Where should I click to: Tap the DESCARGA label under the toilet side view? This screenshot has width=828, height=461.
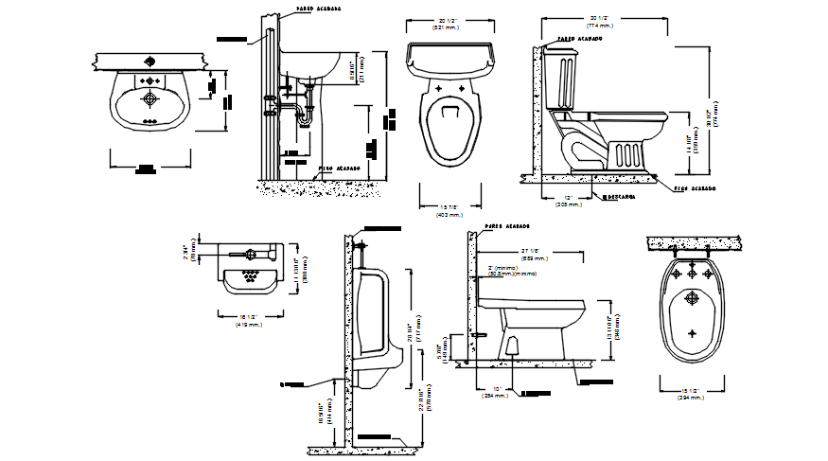tap(621, 197)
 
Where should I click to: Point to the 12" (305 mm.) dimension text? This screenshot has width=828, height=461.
tap(568, 200)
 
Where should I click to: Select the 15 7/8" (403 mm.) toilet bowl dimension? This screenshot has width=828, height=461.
tap(449, 211)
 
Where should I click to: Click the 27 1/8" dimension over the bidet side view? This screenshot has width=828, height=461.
tap(534, 254)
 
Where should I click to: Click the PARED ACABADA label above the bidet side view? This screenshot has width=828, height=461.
tap(506, 227)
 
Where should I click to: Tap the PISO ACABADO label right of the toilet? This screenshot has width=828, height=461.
tap(696, 188)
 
